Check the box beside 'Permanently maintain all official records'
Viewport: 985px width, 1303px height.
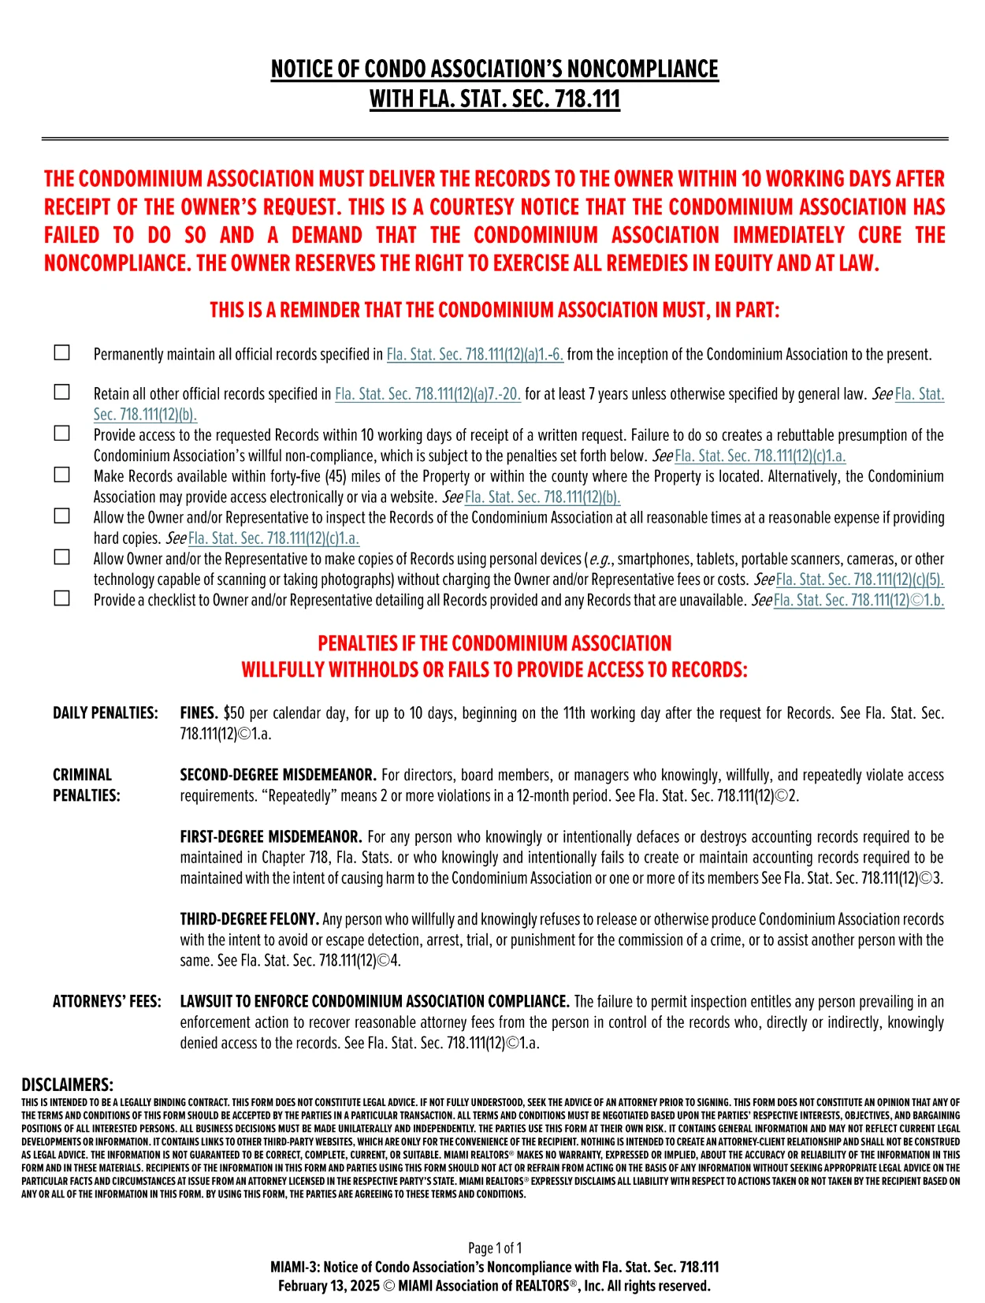(x=61, y=352)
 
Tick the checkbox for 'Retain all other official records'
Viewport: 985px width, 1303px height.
(x=61, y=392)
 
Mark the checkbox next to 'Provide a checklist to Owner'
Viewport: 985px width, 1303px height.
(x=61, y=598)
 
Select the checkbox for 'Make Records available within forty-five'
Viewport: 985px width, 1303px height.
(x=61, y=475)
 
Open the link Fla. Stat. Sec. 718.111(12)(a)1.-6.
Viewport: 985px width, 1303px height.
(x=474, y=355)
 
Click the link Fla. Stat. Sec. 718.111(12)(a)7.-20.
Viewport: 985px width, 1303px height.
(x=428, y=394)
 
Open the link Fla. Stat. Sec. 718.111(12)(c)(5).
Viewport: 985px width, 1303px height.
(x=860, y=580)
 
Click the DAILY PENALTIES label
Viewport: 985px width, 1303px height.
(x=105, y=713)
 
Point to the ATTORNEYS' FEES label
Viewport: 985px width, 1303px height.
(x=106, y=1002)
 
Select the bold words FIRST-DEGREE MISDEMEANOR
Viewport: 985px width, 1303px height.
(x=270, y=837)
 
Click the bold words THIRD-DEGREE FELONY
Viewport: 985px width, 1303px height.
(x=249, y=920)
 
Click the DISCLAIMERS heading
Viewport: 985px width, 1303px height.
(x=67, y=1085)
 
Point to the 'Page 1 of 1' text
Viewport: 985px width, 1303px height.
(x=494, y=1248)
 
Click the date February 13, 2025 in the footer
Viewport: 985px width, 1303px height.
(x=329, y=1286)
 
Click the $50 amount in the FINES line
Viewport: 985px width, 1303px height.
(x=234, y=713)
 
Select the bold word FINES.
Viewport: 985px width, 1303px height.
(x=199, y=713)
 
